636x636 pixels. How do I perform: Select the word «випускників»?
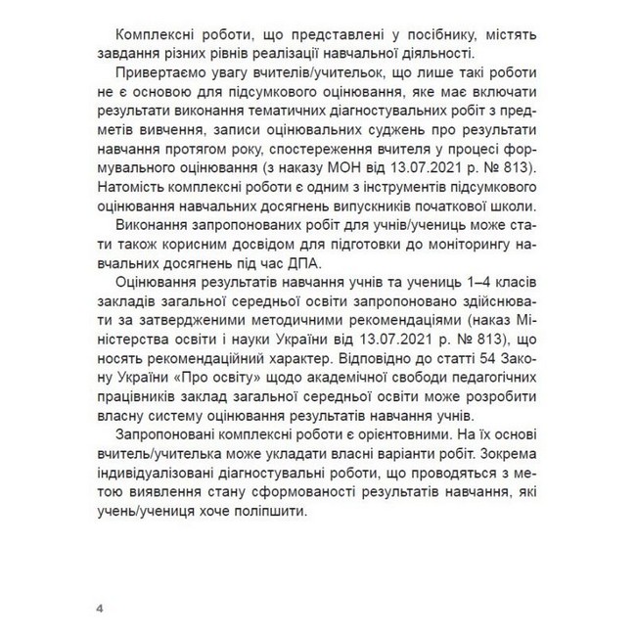pyautogui.click(x=410, y=206)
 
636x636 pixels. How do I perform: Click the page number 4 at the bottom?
pyautogui.click(x=99, y=609)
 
